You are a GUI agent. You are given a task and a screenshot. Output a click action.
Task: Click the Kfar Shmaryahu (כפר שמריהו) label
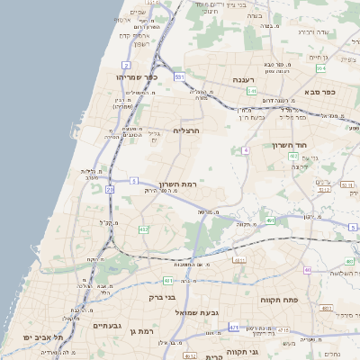pos(137,77)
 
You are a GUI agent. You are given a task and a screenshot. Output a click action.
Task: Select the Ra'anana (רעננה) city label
pos(244,80)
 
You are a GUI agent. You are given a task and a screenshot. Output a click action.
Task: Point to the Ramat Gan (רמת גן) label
pos(142,331)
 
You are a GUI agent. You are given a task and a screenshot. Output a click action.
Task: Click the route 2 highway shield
pos(127,66)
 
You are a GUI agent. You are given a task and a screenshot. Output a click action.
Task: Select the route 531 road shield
pos(180,77)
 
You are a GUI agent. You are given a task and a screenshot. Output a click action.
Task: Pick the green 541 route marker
pos(253,91)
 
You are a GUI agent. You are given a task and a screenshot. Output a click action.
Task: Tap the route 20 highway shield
pos(110,190)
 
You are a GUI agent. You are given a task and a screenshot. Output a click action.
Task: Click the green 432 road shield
pos(144,230)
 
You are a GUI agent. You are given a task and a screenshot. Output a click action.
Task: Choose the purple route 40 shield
pos(308,270)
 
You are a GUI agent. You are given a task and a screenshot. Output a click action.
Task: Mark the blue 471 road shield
pos(234,328)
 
